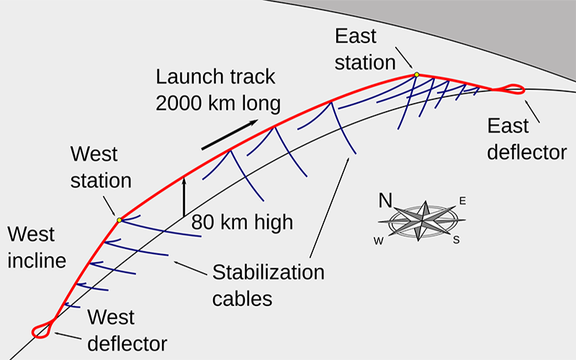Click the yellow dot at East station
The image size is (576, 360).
pyautogui.click(x=416, y=74)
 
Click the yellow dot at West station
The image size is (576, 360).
pyautogui.click(x=119, y=220)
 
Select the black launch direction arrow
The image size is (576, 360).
pyautogui.click(x=230, y=135)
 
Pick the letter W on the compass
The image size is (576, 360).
pyautogui.click(x=378, y=241)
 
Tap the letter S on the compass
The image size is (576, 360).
pyautogui.click(x=456, y=240)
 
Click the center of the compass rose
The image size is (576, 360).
pyautogui.click(x=423, y=220)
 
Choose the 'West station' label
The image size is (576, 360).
pyautogui.click(x=101, y=167)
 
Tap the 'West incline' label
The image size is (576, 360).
pyautogui.click(x=37, y=246)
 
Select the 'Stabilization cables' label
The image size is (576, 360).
pyautogui.click(x=268, y=284)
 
